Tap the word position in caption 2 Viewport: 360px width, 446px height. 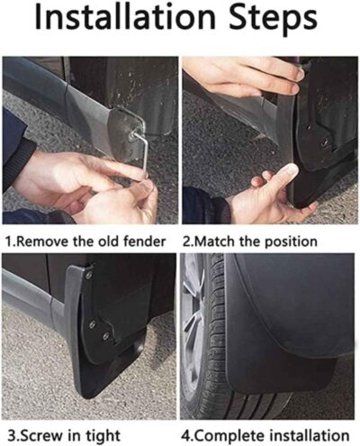[x=287, y=241]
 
